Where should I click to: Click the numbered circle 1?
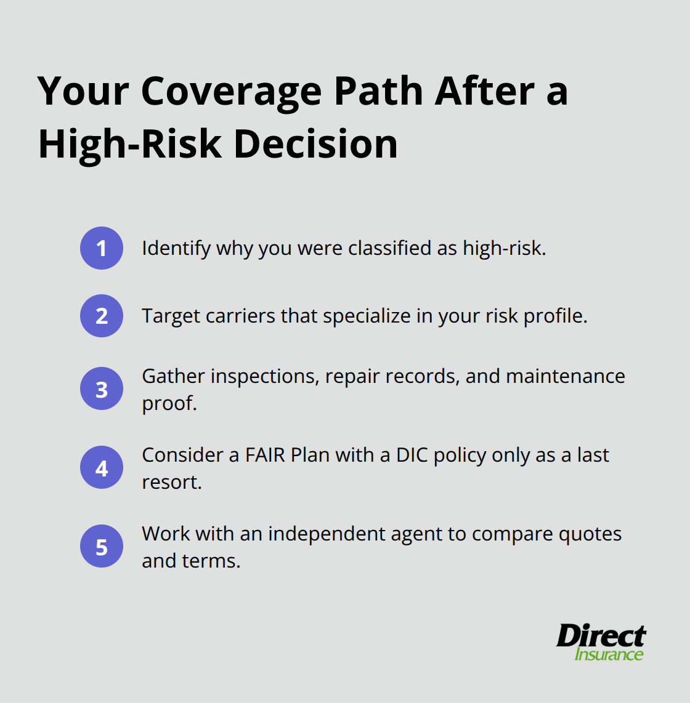pyautogui.click(x=102, y=248)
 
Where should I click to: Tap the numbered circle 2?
pyautogui.click(x=102, y=316)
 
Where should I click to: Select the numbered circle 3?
pyautogui.click(x=102, y=388)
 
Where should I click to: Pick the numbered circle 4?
pyautogui.click(x=102, y=467)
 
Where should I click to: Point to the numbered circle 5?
pyautogui.click(x=102, y=546)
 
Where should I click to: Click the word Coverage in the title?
pyautogui.click(x=231, y=91)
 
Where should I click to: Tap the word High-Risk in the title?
pyautogui.click(x=129, y=144)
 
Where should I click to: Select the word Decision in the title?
pyautogui.click(x=315, y=144)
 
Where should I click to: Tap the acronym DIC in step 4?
pyautogui.click(x=412, y=455)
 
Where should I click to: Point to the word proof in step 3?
pyautogui.click(x=168, y=403)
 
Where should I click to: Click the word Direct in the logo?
pyautogui.click(x=600, y=636)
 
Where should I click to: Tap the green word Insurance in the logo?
pyautogui.click(x=609, y=654)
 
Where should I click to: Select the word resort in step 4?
pyautogui.click(x=171, y=482)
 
